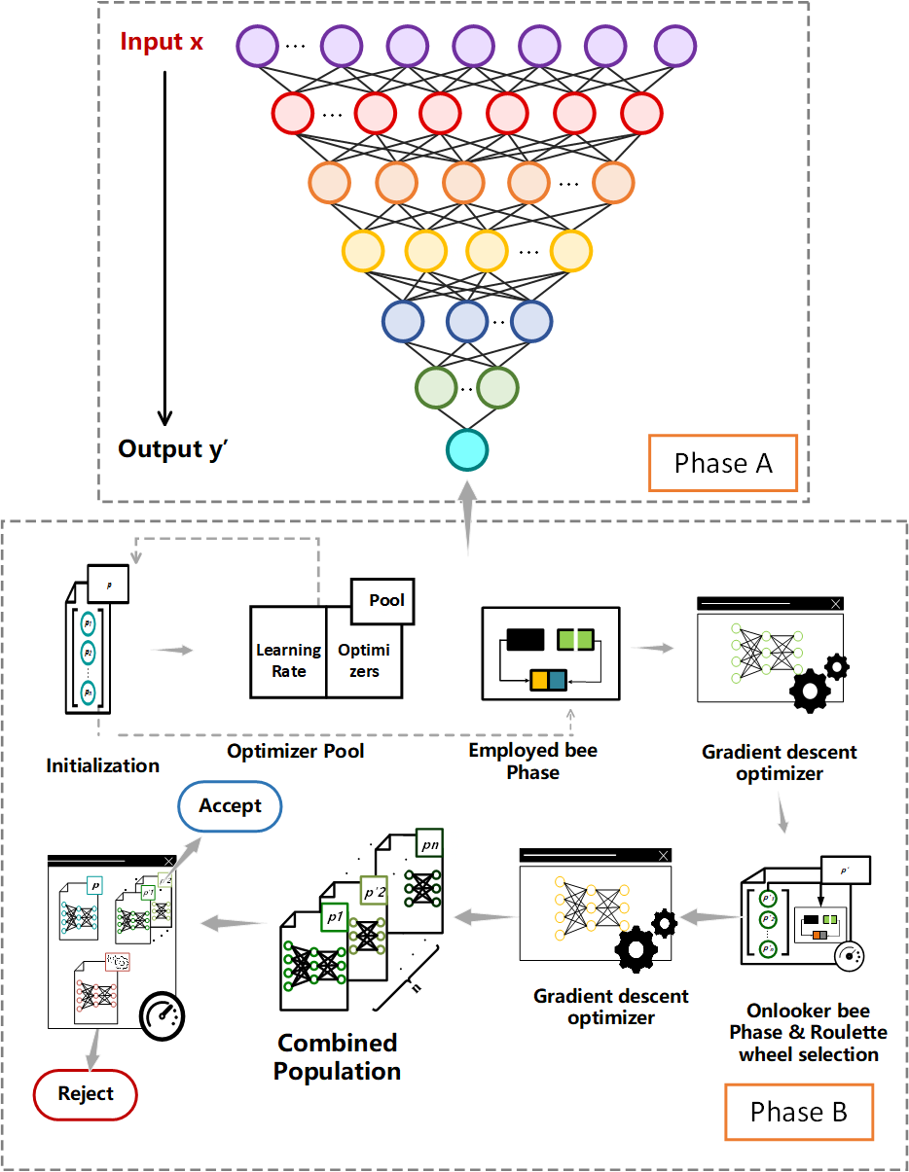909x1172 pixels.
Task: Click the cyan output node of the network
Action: point(467,449)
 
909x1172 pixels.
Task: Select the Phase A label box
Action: point(723,464)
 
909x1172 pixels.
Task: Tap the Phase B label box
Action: point(798,1112)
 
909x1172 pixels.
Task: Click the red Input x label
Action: point(162,42)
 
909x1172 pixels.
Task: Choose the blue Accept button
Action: point(231,805)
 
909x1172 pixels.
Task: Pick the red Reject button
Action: point(86,1094)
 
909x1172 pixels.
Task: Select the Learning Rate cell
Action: point(288,659)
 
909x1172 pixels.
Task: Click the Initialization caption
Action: point(102,765)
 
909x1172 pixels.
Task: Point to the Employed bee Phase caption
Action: point(533,761)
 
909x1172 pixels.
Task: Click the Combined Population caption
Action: point(337,1057)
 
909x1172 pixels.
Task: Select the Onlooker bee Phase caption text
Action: point(808,1032)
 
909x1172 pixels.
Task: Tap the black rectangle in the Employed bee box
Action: point(525,640)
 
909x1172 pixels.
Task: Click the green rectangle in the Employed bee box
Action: point(575,640)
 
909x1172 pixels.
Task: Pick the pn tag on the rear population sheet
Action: point(429,844)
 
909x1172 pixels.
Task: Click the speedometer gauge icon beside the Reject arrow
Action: point(163,1015)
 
